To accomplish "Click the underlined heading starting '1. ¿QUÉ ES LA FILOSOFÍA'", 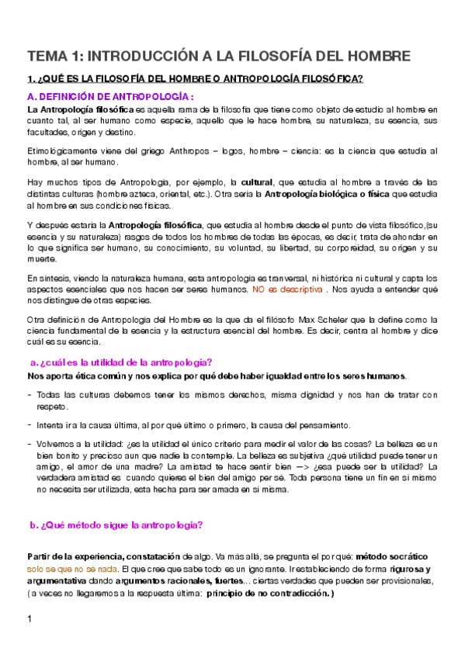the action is click(195, 79).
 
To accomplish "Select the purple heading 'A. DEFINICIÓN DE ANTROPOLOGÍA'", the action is click(109, 96).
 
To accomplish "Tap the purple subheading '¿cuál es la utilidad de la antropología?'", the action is click(124, 362).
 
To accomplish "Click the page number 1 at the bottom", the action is click(29, 618).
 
